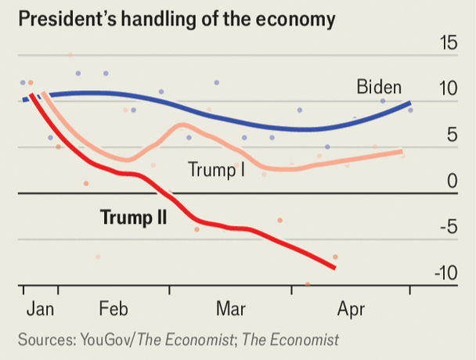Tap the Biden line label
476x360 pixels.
pos(379,86)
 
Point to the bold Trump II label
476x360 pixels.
pos(133,217)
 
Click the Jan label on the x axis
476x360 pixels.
pos(40,309)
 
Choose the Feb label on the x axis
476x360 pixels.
pos(113,309)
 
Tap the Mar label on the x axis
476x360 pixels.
pos(231,309)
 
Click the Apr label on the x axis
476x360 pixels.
pos(351,309)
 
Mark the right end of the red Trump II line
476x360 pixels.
pos(334,268)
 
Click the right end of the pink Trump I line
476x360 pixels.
pos(402,152)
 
